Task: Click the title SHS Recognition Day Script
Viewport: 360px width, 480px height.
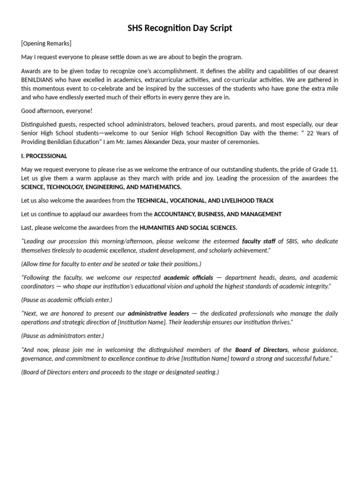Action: click(x=180, y=28)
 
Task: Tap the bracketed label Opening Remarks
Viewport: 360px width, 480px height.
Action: click(x=46, y=44)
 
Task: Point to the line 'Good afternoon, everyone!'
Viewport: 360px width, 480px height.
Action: click(x=57, y=111)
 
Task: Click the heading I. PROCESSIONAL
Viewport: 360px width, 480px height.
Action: click(x=44, y=156)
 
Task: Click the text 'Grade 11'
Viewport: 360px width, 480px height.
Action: click(x=326, y=169)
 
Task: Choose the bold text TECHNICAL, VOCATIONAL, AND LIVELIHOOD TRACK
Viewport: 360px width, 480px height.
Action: click(x=205, y=201)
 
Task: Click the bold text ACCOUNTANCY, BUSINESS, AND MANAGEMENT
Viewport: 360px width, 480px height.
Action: click(x=218, y=214)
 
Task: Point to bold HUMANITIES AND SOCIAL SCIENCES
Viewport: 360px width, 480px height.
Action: click(x=188, y=228)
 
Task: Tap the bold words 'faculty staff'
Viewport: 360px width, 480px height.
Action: click(x=258, y=241)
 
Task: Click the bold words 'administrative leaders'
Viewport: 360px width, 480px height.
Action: click(x=158, y=313)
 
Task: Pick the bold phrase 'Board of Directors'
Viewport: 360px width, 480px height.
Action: click(x=262, y=350)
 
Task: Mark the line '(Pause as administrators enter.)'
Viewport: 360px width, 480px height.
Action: click(x=63, y=336)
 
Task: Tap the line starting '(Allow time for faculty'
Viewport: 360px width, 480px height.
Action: click(x=111, y=264)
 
